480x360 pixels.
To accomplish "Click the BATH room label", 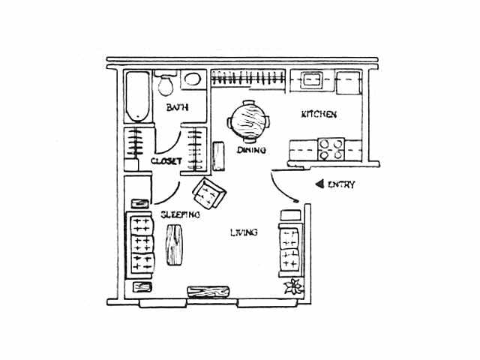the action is pyautogui.click(x=177, y=107).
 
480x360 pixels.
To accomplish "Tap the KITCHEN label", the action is pyautogui.click(x=319, y=114).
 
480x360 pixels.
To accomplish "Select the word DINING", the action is pyautogui.click(x=251, y=150).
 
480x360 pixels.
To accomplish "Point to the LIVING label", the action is pyautogui.click(x=244, y=232).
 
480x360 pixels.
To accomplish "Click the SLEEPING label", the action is pyautogui.click(x=180, y=214).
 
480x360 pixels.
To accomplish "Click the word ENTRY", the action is pyautogui.click(x=341, y=184).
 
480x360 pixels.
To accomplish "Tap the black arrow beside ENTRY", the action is pyautogui.click(x=319, y=184).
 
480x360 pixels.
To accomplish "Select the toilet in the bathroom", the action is pyautogui.click(x=166, y=82).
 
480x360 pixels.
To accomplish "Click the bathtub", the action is pyautogui.click(x=138, y=97).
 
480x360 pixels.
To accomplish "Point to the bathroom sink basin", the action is pyautogui.click(x=193, y=79).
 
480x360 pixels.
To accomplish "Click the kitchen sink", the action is pyautogui.click(x=312, y=80).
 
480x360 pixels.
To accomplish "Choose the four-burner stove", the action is pyautogui.click(x=331, y=149).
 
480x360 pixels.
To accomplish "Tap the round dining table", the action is pyautogui.click(x=248, y=121).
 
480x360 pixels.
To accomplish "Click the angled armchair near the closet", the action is pyautogui.click(x=209, y=193).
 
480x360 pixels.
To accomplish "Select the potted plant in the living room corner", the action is pyautogui.click(x=294, y=286).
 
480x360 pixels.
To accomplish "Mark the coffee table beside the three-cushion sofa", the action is pyautogui.click(x=174, y=244).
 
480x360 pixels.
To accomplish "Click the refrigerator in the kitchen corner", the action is pyautogui.click(x=348, y=82).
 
